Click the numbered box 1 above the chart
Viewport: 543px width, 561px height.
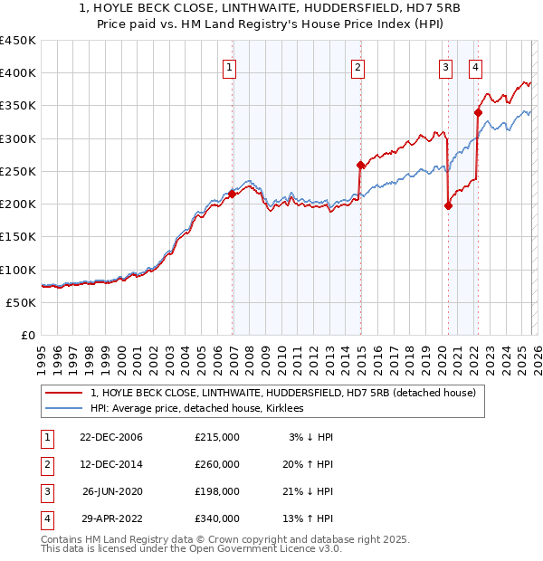pyautogui.click(x=229, y=66)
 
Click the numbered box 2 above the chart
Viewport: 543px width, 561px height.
pyautogui.click(x=358, y=66)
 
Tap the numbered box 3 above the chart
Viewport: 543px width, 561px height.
pyautogui.click(x=446, y=66)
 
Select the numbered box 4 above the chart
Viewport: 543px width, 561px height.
pyautogui.click(x=475, y=66)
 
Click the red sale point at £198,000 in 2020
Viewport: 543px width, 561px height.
pyautogui.click(x=449, y=205)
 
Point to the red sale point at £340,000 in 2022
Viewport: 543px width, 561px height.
pyautogui.click(x=478, y=112)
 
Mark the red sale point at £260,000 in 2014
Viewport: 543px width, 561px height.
pyautogui.click(x=360, y=165)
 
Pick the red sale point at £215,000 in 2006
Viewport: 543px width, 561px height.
pyautogui.click(x=233, y=194)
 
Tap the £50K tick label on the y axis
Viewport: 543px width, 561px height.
pyautogui.click(x=22, y=302)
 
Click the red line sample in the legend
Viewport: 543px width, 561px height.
pyautogui.click(x=64, y=393)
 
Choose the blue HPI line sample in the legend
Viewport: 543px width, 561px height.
pyautogui.click(x=64, y=408)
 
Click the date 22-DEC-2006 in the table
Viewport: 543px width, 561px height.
pyautogui.click(x=110, y=437)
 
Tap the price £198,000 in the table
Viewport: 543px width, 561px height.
pyautogui.click(x=216, y=491)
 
